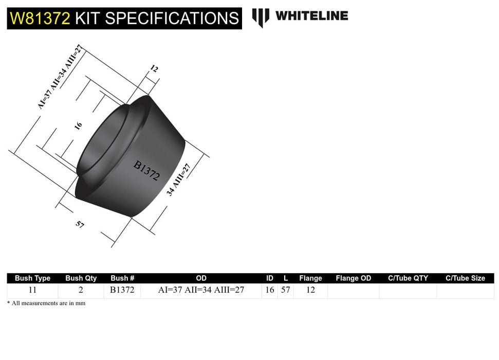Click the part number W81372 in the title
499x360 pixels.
click(x=40, y=19)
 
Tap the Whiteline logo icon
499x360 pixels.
click(x=261, y=17)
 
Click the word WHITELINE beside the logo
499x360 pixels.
click(x=311, y=16)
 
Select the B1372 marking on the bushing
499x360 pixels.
click(x=146, y=170)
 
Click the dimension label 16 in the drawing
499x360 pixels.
click(x=78, y=125)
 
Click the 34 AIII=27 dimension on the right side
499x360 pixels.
click(x=178, y=179)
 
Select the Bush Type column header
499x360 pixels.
click(x=32, y=278)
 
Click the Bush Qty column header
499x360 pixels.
click(x=81, y=278)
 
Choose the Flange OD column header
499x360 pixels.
click(x=353, y=278)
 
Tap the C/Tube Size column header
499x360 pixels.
click(x=465, y=278)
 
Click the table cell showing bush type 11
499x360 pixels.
click(x=32, y=290)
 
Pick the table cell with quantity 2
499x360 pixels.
click(x=81, y=290)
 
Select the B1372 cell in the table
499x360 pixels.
click(x=122, y=290)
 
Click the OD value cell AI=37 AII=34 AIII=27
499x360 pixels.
click(x=201, y=290)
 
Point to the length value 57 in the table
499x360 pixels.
click(x=286, y=290)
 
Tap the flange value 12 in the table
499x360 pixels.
click(x=310, y=290)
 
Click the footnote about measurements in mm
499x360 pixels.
click(x=46, y=303)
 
